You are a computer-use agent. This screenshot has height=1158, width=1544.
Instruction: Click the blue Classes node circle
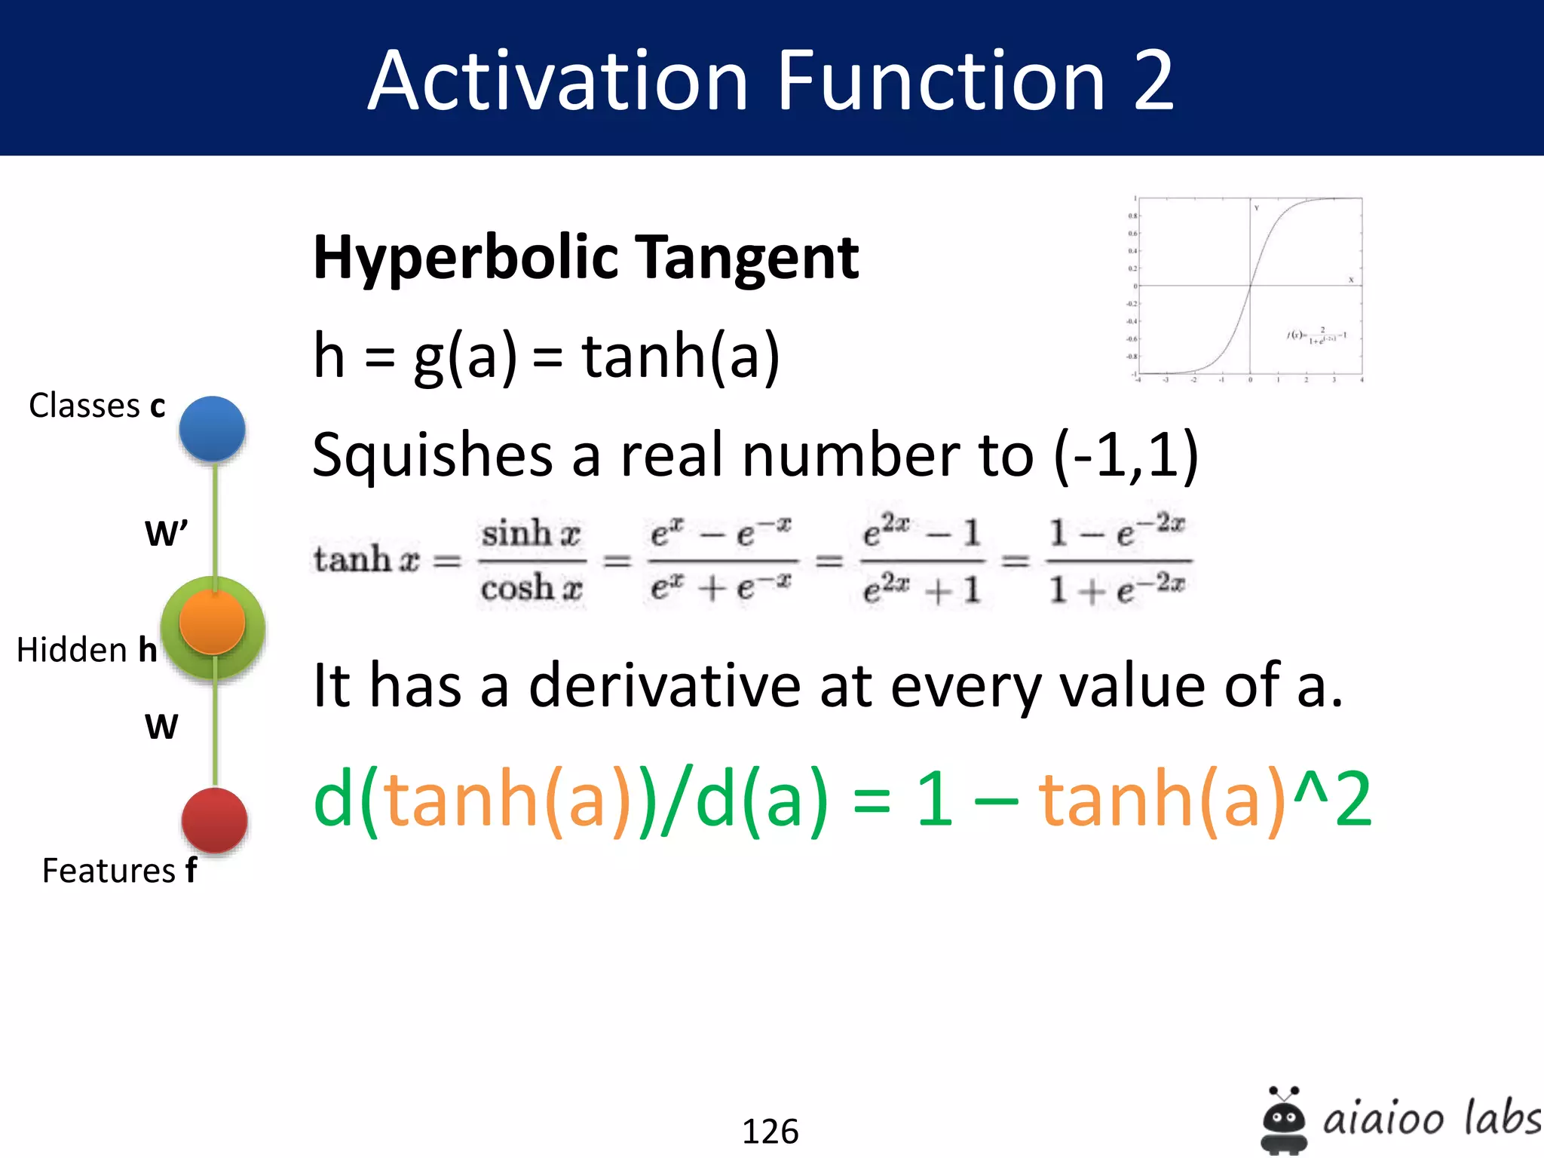[x=212, y=428]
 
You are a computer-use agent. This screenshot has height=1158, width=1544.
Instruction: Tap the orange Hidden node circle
[x=212, y=623]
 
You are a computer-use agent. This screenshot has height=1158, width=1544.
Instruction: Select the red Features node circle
[x=215, y=820]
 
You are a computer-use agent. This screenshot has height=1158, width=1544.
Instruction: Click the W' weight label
[x=166, y=534]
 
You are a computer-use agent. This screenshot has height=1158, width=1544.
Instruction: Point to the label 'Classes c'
[x=96, y=406]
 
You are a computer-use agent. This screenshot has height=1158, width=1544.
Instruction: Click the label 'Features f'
[x=119, y=871]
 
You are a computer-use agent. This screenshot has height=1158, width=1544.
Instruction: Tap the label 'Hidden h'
[x=87, y=650]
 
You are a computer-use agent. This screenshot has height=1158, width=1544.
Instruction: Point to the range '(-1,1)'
[x=1126, y=455]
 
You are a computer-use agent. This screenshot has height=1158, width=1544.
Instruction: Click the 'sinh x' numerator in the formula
[x=531, y=534]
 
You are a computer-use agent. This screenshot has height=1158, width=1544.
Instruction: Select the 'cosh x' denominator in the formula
[x=532, y=588]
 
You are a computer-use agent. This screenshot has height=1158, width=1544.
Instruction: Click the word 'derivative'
[x=664, y=685]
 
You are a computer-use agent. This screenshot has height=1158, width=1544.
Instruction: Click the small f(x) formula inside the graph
[x=1316, y=335]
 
